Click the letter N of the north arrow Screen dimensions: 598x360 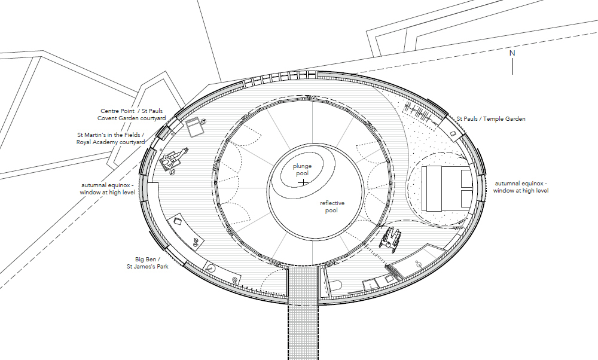pos(512,53)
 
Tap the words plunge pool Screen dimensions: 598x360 pos(303,170)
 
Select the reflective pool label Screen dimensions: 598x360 pos(332,207)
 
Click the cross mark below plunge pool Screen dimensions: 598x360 pos(304,182)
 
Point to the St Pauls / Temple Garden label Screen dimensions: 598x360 pos(491,119)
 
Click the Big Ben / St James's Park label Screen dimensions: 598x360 pos(148,263)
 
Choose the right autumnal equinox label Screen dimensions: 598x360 pos(521,187)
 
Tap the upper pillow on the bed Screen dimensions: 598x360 pos(466,179)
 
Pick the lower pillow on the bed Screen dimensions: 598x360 pos(466,199)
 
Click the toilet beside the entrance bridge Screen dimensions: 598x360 pos(335,288)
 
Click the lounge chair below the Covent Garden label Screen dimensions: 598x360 pos(196,127)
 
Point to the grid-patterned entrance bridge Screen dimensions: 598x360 pos(303,313)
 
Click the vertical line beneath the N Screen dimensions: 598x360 pos(512,66)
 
